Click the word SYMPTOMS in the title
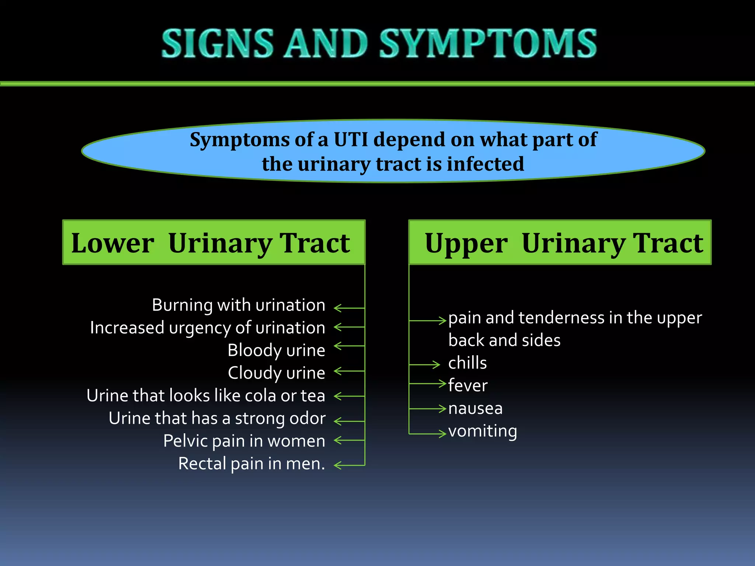tap(488, 43)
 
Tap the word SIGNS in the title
tap(218, 43)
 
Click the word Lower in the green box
tap(112, 244)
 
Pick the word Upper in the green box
tap(466, 244)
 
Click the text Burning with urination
tap(239, 305)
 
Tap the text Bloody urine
tap(276, 350)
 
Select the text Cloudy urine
tap(276, 373)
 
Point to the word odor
tap(307, 419)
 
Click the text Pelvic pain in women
tap(244, 441)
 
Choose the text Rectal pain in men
tap(251, 464)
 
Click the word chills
tap(467, 363)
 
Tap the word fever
tap(468, 386)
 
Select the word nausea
tap(475, 409)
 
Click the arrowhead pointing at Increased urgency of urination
tap(337, 327)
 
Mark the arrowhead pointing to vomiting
tap(443, 434)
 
